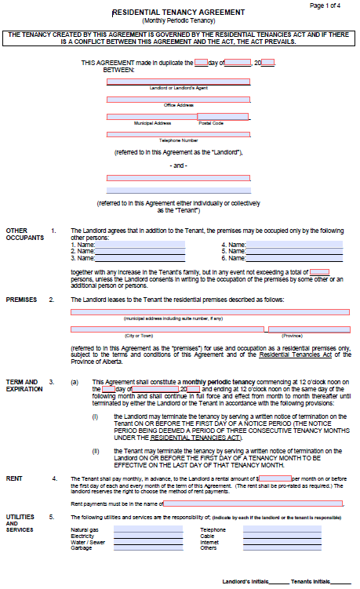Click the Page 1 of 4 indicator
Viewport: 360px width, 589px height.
325,5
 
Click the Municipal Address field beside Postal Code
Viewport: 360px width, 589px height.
151,116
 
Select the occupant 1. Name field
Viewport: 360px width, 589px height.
140,245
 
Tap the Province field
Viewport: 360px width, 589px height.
308,329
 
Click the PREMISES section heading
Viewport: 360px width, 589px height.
21,300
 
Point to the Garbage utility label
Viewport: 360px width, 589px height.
81,547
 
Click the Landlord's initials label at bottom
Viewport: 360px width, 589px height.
245,582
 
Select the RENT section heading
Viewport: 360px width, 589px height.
14,478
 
